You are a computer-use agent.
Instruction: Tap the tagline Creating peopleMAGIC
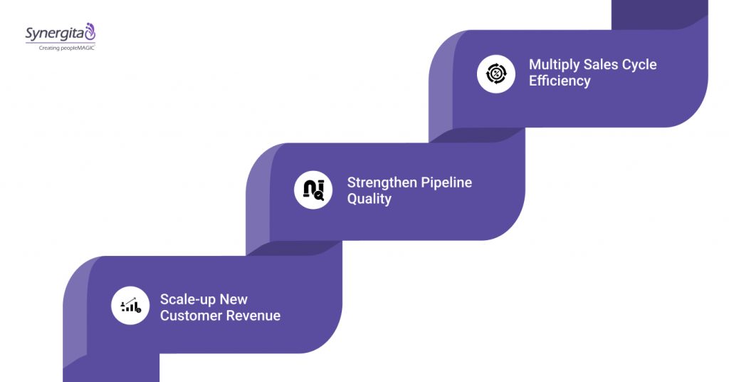click(62, 48)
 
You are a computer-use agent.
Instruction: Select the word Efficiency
click(560, 81)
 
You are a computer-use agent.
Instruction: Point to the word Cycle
click(638, 64)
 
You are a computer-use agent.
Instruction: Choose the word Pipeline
click(444, 182)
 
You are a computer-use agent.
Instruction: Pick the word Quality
click(369, 199)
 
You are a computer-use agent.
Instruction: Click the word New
click(234, 299)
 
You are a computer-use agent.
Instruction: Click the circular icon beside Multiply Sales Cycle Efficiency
click(495, 74)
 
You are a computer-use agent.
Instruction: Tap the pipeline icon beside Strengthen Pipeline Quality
click(313, 190)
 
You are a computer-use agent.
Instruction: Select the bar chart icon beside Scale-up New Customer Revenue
click(130, 306)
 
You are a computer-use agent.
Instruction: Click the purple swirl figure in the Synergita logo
click(90, 31)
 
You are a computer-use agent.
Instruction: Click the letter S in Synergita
click(30, 33)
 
